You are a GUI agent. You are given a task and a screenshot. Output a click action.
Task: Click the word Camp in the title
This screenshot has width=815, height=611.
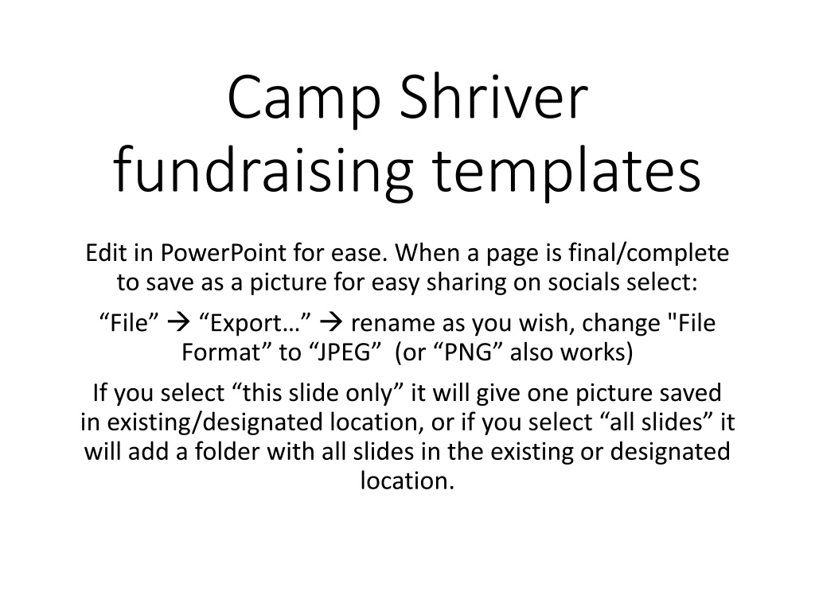pyautogui.click(x=304, y=99)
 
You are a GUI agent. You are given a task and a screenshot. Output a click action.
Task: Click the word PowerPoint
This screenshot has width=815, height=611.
pyautogui.click(x=223, y=253)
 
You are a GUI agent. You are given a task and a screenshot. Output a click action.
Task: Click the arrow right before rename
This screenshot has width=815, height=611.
pyautogui.click(x=331, y=323)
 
